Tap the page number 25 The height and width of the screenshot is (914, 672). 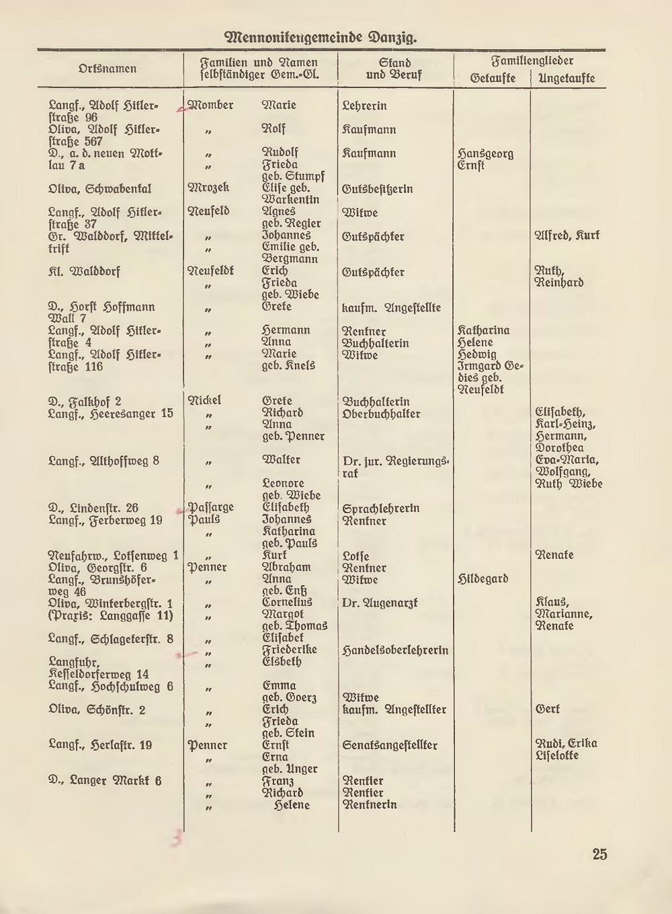pyautogui.click(x=599, y=854)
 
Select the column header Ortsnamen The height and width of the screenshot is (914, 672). pyautogui.click(x=108, y=69)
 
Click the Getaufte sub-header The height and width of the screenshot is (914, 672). pyautogui.click(x=493, y=79)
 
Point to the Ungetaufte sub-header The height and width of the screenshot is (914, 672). pyautogui.click(x=566, y=79)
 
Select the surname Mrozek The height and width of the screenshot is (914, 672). pyautogui.click(x=208, y=188)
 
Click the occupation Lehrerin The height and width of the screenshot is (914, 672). pyautogui.click(x=364, y=106)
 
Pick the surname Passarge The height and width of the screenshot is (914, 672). pyautogui.click(x=211, y=508)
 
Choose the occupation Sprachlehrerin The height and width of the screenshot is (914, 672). pyautogui.click(x=380, y=508)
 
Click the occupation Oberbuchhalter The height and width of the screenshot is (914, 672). pyautogui.click(x=381, y=414)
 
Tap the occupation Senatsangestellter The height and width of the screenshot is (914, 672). pyautogui.click(x=390, y=745)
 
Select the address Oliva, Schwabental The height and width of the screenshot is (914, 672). pyautogui.click(x=99, y=189)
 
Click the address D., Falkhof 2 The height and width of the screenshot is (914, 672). pyautogui.click(x=85, y=402)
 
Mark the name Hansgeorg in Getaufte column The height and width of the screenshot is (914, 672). pyautogui.click(x=485, y=153)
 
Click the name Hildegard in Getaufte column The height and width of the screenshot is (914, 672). pyautogui.click(x=482, y=579)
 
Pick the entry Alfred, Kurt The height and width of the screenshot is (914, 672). pyautogui.click(x=566, y=235)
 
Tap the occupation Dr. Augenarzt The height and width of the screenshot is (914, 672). pyautogui.click(x=379, y=603)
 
